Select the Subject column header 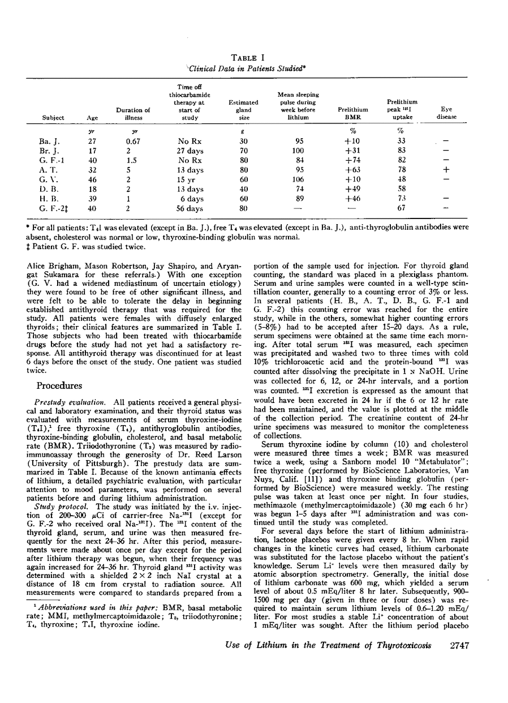click(53, 118)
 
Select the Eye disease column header click(446, 113)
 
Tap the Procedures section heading click(59, 386)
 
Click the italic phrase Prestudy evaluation click(71, 406)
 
